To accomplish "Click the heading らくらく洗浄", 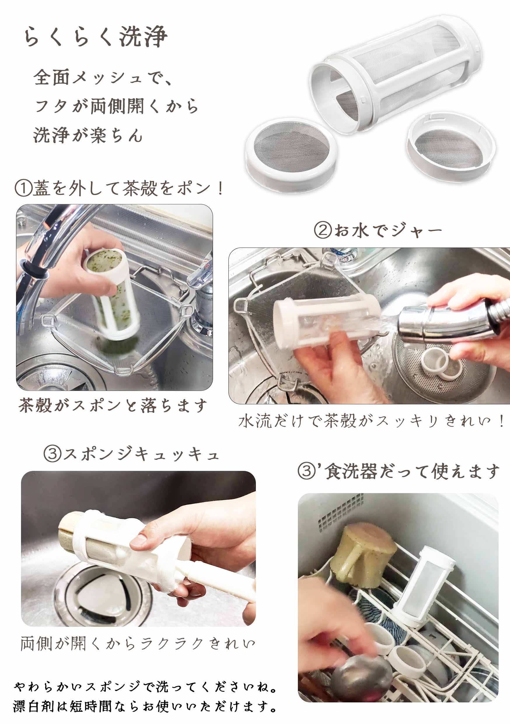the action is (x=95, y=36).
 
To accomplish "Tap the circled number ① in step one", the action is (x=23, y=188).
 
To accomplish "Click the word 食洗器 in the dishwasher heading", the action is (x=351, y=471).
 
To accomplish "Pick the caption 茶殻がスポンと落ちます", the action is (x=113, y=405).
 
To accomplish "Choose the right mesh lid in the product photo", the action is (x=451, y=147).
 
